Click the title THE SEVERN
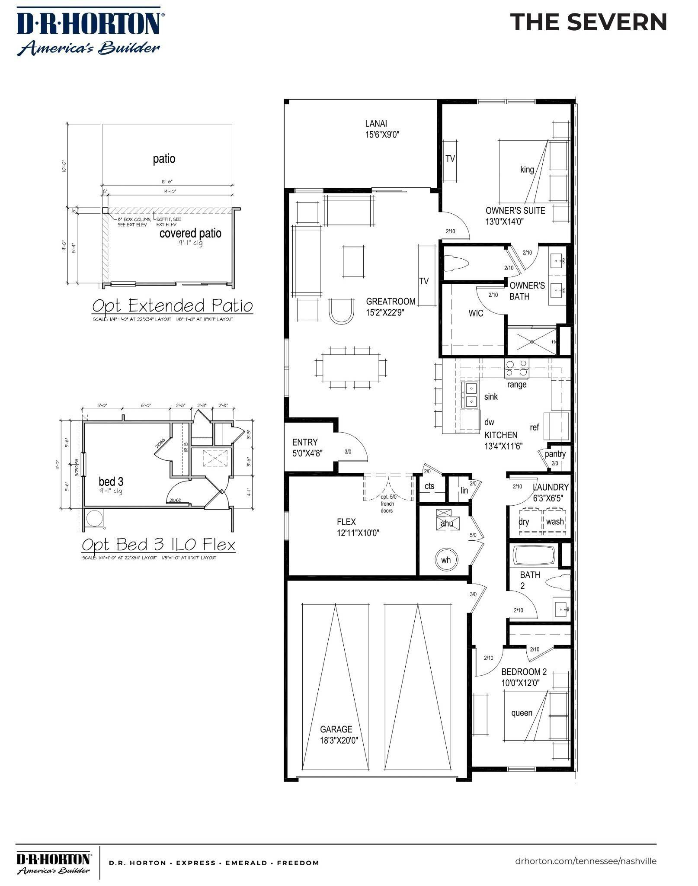point(589,22)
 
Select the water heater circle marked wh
point(446,560)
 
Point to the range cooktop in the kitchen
point(517,368)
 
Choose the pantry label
point(555,454)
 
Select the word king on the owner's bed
point(527,170)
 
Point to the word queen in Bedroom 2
point(522,713)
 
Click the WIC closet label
point(476,313)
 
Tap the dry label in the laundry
point(524,522)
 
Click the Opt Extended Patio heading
point(172,306)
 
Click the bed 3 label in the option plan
point(111,482)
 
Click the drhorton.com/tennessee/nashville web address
point(586,861)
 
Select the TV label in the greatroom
point(424,281)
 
